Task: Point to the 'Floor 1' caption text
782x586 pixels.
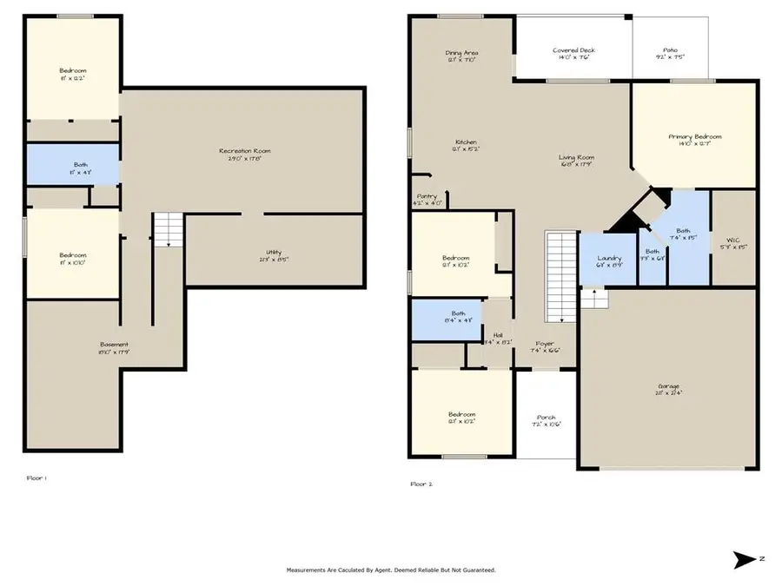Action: (x=36, y=477)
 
